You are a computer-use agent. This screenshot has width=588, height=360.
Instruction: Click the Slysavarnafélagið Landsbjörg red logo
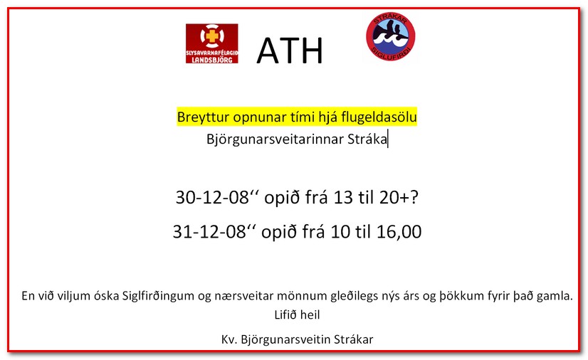(x=212, y=43)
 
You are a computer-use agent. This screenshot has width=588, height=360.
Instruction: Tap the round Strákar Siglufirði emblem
(x=390, y=37)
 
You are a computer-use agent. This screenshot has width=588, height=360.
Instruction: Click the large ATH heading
(x=290, y=51)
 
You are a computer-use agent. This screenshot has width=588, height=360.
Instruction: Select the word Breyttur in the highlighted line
(x=204, y=117)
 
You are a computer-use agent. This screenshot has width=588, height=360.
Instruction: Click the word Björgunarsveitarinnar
(x=275, y=139)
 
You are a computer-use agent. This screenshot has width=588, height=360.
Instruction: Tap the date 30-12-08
(x=212, y=197)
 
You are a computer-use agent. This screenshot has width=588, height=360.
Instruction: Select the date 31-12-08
(x=209, y=232)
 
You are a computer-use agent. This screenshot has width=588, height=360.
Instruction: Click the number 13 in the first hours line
(x=343, y=197)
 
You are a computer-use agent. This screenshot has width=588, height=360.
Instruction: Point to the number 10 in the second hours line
(x=340, y=232)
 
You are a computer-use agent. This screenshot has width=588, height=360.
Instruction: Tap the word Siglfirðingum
(x=158, y=296)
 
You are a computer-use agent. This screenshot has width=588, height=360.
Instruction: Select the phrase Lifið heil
(x=297, y=314)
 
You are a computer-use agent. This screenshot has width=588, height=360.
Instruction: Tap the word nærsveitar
(x=244, y=296)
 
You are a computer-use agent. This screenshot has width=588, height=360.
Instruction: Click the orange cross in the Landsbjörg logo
(x=212, y=36)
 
